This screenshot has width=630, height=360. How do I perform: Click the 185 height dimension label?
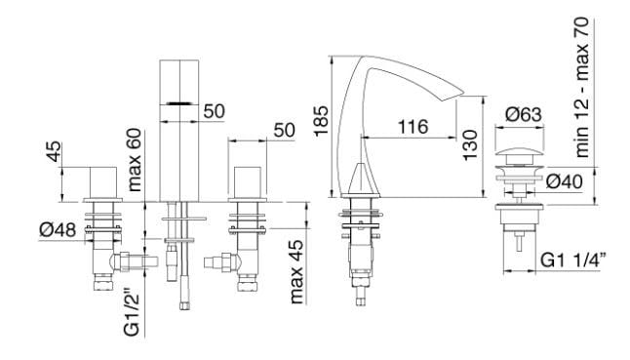[x=322, y=121]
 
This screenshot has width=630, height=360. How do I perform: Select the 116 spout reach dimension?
[x=413, y=127]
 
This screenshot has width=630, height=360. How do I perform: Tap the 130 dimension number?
[x=470, y=145]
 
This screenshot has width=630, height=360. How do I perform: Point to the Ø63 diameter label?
[x=524, y=114]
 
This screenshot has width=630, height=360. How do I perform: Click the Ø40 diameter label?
[x=565, y=181]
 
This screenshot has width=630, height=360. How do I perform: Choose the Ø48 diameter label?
[x=58, y=230]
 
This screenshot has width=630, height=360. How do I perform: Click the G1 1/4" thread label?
[x=572, y=260]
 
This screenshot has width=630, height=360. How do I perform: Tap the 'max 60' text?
[x=134, y=159]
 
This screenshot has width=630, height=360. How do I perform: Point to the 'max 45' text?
[x=296, y=272]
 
